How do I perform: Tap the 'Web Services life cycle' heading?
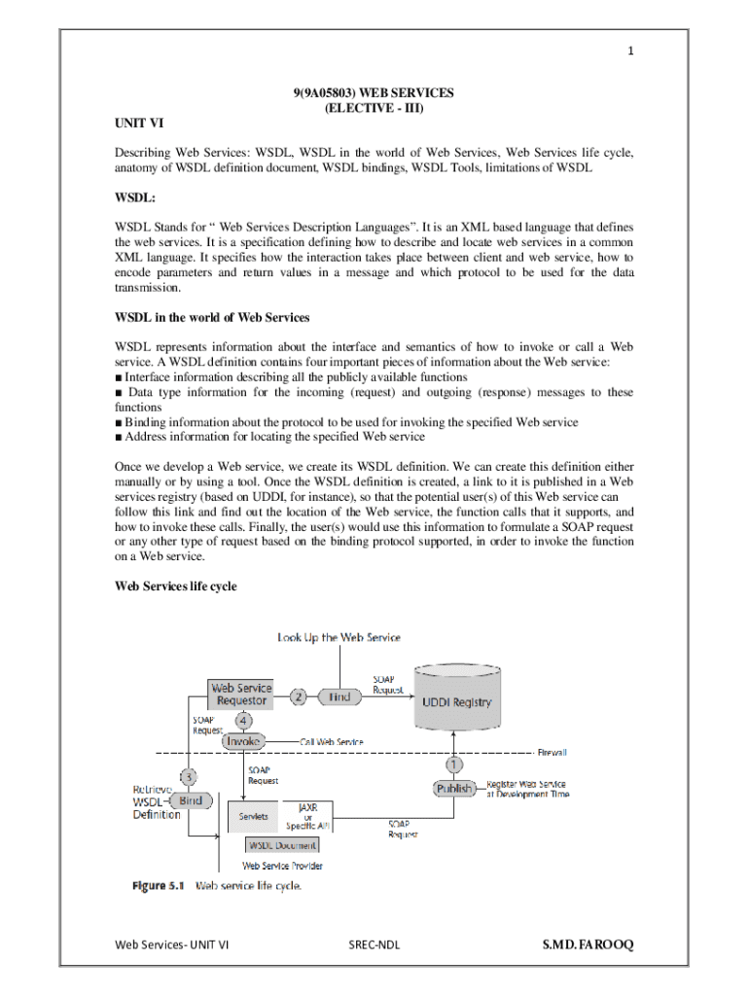click(176, 586)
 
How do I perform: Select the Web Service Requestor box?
click(242, 694)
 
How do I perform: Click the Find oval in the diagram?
click(339, 697)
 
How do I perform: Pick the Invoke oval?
click(243, 741)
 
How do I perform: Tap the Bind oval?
click(191, 800)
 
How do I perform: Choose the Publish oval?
click(454, 788)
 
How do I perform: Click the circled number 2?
click(299, 696)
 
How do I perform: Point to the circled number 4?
click(242, 721)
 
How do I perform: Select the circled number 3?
click(190, 776)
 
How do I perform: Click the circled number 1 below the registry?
click(454, 765)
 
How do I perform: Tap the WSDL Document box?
click(281, 845)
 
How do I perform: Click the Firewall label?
click(552, 752)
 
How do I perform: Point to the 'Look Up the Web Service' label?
click(339, 637)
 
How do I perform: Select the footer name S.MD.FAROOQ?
click(587, 944)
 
